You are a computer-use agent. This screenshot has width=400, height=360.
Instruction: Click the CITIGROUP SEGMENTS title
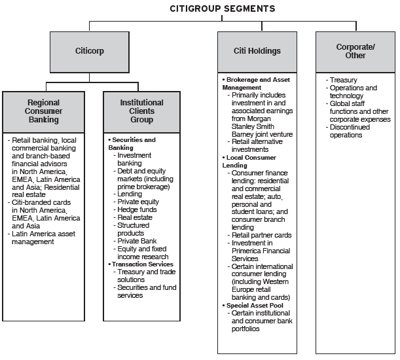point(223,9)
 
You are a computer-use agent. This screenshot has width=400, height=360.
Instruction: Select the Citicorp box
point(90,52)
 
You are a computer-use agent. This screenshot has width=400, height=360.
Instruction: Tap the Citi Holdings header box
point(257,52)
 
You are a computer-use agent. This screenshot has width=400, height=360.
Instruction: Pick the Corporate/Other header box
point(355,52)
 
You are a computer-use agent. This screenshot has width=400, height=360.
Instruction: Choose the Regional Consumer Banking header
point(43,112)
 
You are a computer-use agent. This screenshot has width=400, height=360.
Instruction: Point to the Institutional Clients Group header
point(142,112)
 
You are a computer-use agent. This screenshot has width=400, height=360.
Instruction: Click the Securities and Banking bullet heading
point(132,143)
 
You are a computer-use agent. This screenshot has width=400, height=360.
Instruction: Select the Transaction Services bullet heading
point(141,264)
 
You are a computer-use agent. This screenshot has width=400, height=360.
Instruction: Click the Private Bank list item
point(135,241)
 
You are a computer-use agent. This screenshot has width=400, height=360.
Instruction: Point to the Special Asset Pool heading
point(253,306)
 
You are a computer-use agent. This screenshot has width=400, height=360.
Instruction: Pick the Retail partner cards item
point(259,235)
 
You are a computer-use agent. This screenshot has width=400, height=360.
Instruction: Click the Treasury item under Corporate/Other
point(341,80)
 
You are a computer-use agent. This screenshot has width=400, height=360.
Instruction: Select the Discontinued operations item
point(348,131)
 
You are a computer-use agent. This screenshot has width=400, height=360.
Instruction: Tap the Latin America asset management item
point(42,238)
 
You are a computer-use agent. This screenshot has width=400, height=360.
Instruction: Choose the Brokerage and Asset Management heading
point(256,83)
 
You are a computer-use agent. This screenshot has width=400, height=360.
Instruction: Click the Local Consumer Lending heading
point(249,161)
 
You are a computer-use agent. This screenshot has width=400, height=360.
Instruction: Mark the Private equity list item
point(136,202)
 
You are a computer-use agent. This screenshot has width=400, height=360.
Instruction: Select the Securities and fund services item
point(145,291)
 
